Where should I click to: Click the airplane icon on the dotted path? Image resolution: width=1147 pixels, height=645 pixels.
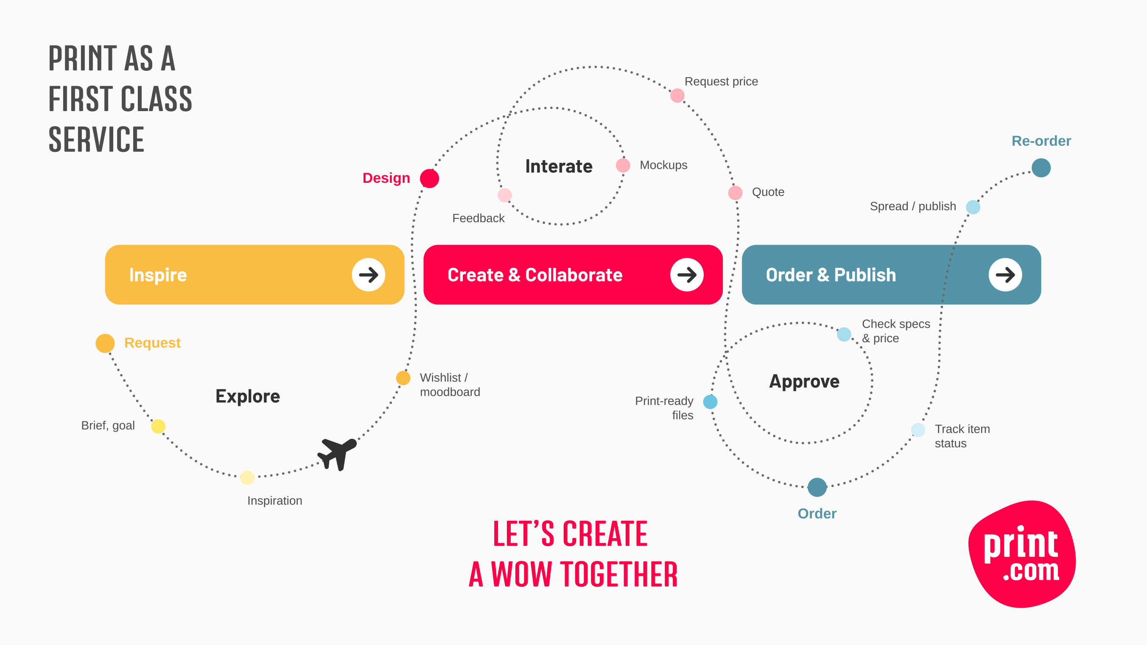point(337,453)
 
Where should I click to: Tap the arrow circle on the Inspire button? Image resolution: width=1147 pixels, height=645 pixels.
point(368,275)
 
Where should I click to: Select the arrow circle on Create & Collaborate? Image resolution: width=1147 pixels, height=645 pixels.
point(687,275)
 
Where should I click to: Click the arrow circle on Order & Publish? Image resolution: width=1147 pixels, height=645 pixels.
point(1005,275)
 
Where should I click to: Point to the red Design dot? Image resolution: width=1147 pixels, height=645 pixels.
point(429,179)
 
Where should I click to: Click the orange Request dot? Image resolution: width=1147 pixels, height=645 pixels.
point(105,343)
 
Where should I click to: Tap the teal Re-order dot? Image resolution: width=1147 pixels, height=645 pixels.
point(1041,168)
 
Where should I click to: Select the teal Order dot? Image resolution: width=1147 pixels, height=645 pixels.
point(817,487)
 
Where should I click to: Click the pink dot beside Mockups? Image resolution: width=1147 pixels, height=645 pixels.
point(623,165)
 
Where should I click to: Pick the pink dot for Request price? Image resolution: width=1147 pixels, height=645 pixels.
point(677,95)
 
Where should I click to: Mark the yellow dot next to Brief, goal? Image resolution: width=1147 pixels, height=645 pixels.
point(158,426)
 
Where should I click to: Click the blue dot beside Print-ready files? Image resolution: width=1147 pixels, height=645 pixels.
point(710,402)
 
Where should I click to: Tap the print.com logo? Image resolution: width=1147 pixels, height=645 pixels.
point(1022,554)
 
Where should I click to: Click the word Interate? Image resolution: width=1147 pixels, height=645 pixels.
point(559,167)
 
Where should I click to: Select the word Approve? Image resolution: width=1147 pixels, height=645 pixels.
point(804,382)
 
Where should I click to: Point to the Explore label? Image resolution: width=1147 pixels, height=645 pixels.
point(248,396)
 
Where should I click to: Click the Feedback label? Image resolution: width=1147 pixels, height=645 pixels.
point(478,218)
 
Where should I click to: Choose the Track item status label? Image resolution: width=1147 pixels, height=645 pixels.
point(962,436)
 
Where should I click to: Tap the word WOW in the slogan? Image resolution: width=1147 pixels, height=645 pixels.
point(521,574)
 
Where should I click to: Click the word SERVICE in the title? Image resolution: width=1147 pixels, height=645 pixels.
point(96,140)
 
